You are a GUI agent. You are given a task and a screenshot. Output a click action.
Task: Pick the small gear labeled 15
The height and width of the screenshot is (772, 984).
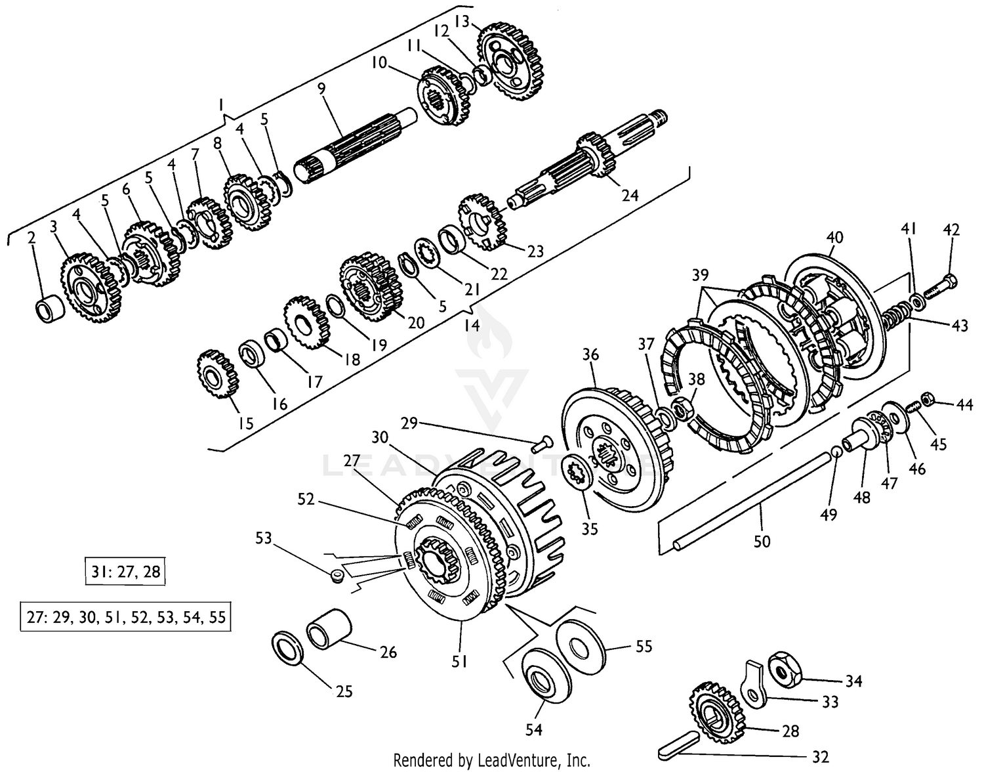pyautogui.click(x=217, y=375)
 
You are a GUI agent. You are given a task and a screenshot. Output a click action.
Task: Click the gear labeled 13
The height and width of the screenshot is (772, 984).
pyautogui.click(x=510, y=60)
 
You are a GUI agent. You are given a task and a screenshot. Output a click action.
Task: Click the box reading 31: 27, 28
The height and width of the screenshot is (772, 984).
pyautogui.click(x=125, y=572)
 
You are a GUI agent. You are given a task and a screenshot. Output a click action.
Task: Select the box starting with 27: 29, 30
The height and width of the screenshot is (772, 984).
pyautogui.click(x=125, y=618)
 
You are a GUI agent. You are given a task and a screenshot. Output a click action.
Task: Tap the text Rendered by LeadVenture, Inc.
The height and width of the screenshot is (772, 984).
pyautogui.click(x=491, y=760)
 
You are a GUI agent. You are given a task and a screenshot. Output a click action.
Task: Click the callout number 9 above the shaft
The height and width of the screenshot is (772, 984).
pyautogui.click(x=321, y=89)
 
